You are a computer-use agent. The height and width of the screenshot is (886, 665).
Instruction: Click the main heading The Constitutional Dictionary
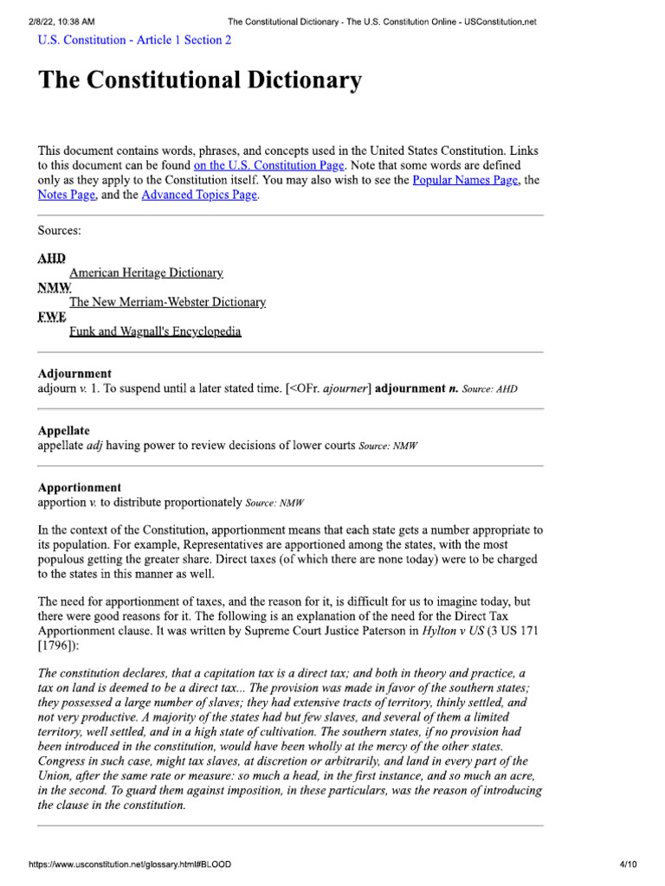point(199,81)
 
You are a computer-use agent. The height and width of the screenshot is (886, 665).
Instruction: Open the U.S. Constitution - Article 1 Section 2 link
point(134,40)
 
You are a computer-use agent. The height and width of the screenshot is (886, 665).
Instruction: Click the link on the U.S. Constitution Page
point(269,164)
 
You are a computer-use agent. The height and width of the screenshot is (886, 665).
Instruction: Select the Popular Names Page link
point(465,180)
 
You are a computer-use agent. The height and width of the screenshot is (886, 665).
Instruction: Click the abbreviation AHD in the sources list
point(51,259)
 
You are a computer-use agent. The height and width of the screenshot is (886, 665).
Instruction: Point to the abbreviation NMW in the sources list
point(55,287)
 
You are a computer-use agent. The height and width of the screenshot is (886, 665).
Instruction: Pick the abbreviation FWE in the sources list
point(52,317)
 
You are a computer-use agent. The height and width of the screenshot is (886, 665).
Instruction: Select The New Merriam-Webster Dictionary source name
point(167,302)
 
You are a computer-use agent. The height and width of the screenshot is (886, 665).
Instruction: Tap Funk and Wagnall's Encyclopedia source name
point(155,331)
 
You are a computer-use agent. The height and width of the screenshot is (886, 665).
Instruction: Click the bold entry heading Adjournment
point(74,374)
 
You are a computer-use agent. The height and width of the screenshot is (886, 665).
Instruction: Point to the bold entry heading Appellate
point(63,431)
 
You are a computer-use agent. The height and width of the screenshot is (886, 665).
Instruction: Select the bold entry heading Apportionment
point(80,488)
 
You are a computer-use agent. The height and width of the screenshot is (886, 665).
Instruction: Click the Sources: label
point(60,231)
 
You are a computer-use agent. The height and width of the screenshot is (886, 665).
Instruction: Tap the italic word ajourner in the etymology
point(345,389)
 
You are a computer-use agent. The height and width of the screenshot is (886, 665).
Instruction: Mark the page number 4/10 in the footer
point(629,864)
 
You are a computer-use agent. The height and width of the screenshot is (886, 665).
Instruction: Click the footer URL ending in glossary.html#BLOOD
point(130,864)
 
